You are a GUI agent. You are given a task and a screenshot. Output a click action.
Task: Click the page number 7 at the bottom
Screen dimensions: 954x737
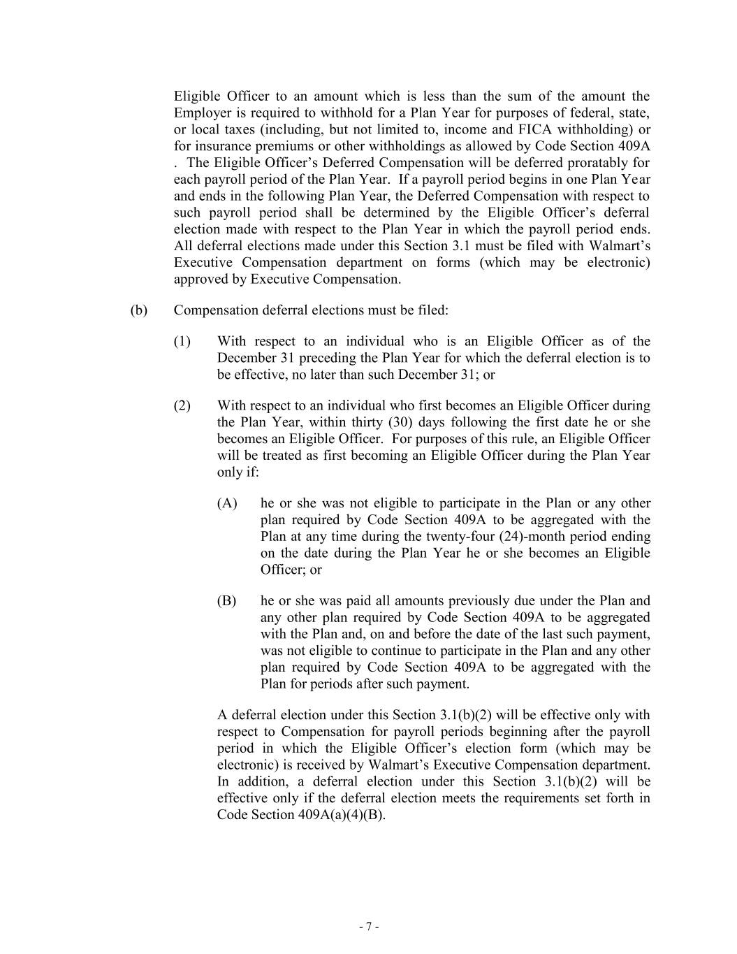pyautogui.click(x=368, y=927)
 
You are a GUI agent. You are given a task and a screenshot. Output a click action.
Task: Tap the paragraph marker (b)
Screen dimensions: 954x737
pyautogui.click(x=138, y=310)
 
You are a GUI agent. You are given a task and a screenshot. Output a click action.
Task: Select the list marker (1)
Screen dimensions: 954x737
pyautogui.click(x=182, y=341)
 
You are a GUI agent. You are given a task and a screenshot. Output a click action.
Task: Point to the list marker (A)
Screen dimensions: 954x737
pyautogui.click(x=226, y=503)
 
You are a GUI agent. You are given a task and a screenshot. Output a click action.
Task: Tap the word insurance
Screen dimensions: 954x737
pyautogui.click(x=224, y=146)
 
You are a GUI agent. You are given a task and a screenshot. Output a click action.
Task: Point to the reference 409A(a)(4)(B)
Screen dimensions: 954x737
pyautogui.click(x=342, y=815)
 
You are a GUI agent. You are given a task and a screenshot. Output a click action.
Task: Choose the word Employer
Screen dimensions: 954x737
pyautogui.click(x=201, y=113)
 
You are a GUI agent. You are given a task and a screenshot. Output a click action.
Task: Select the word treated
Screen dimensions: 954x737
pyautogui.click(x=270, y=456)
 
